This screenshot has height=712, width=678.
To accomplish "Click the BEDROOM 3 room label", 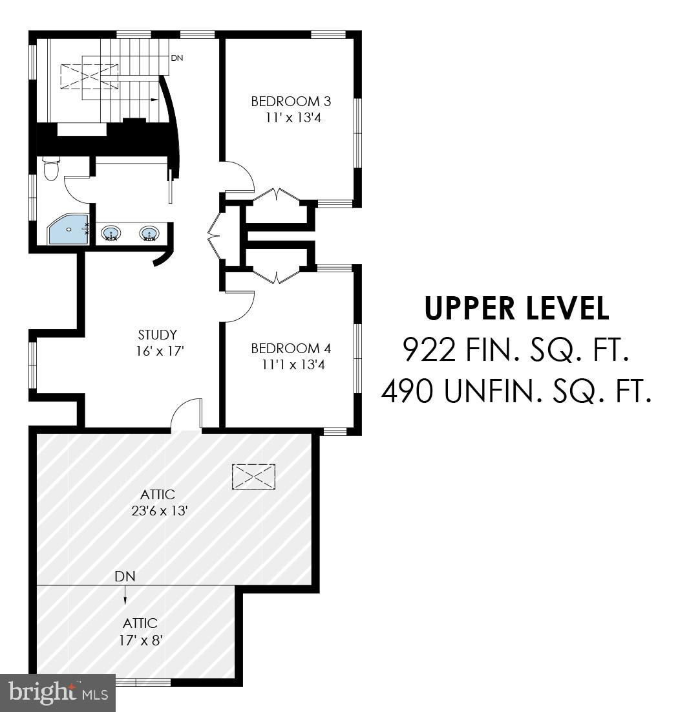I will click(x=286, y=102).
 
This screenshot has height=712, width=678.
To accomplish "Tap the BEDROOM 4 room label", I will click(x=291, y=349).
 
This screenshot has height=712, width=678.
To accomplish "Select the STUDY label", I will click(x=157, y=335).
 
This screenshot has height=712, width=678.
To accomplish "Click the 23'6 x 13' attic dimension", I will click(x=158, y=510).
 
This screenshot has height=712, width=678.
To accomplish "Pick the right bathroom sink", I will click(x=149, y=232).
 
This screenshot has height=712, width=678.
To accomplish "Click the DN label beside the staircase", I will click(x=177, y=58).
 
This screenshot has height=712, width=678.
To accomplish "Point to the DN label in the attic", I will click(x=125, y=576).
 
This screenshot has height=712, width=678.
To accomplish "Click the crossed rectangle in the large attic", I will click(x=253, y=477).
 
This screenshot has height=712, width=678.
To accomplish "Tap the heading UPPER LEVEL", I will click(x=516, y=308).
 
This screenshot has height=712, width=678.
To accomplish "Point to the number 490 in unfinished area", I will click(x=408, y=391).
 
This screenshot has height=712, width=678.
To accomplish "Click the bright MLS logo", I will click(x=57, y=693).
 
